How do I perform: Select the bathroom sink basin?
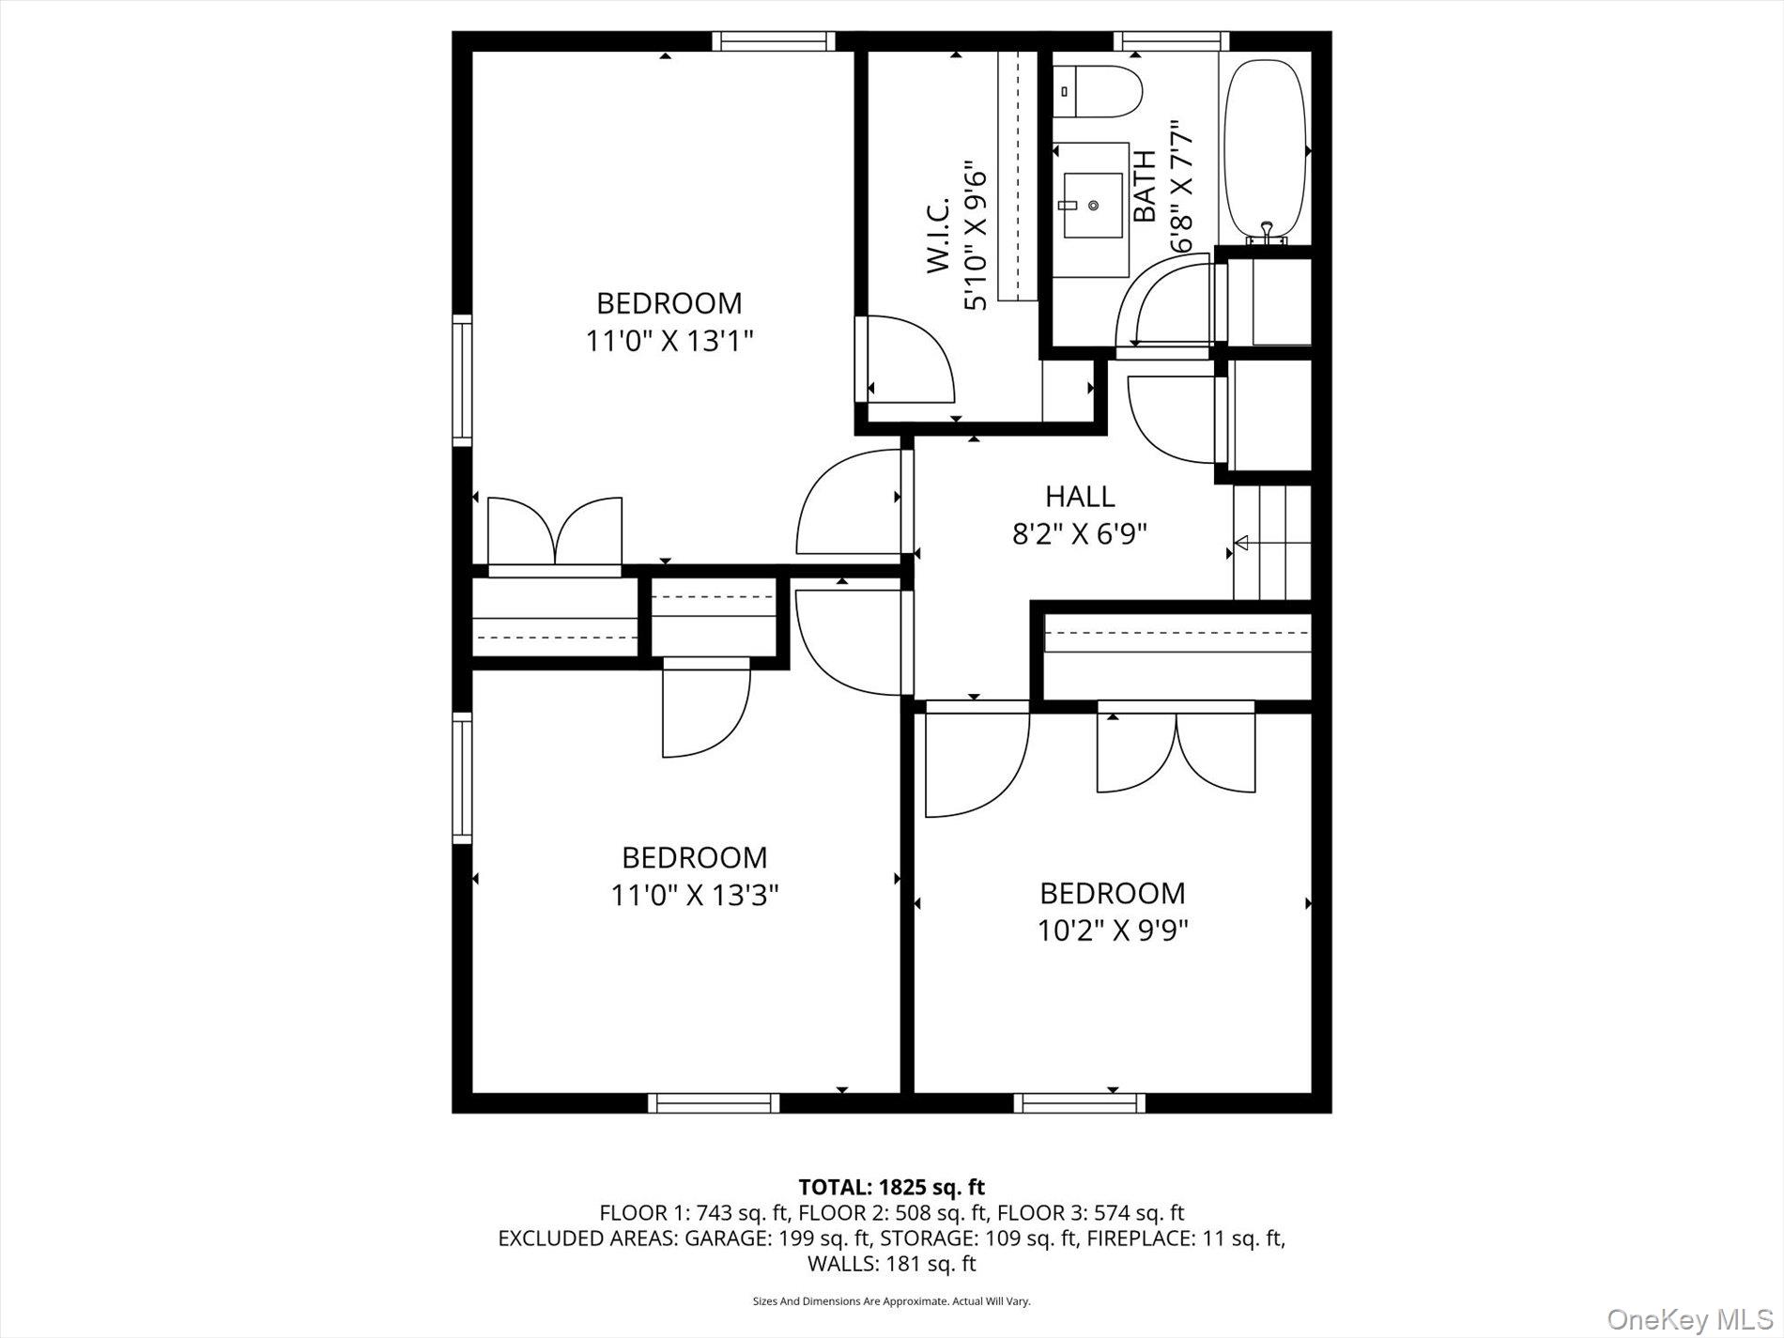tap(1092, 206)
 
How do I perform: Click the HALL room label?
tap(1080, 496)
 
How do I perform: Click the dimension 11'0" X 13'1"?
tap(670, 340)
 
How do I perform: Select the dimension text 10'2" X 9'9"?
tap(1113, 930)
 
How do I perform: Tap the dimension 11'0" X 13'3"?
tap(695, 895)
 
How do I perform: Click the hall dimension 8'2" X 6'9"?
tap(1080, 534)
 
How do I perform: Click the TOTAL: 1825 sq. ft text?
tap(891, 1188)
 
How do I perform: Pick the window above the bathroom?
tap(1171, 40)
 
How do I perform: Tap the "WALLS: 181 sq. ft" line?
tap(892, 1264)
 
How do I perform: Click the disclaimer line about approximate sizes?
tap(892, 1301)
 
